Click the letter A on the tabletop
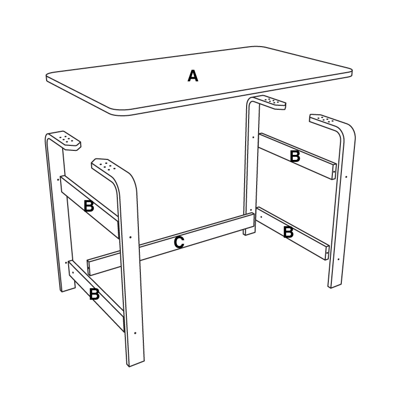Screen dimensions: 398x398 click(193, 76)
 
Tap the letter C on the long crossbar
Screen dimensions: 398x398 click(179, 242)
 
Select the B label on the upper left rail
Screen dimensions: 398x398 click(89, 206)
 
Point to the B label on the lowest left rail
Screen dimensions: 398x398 click(94, 294)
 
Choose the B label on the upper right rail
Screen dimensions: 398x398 click(295, 156)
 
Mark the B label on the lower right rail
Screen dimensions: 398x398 click(288, 232)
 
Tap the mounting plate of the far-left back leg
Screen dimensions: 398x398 click(67, 140)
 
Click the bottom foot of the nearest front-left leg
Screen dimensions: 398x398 click(136, 362)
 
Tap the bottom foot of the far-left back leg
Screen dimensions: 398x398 click(68, 289)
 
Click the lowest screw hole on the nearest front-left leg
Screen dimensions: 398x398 click(135, 333)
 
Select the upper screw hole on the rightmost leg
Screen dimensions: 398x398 click(346, 177)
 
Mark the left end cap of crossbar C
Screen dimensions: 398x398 click(89, 268)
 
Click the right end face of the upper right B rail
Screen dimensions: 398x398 click(334, 172)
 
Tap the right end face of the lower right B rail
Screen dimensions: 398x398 click(327, 253)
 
